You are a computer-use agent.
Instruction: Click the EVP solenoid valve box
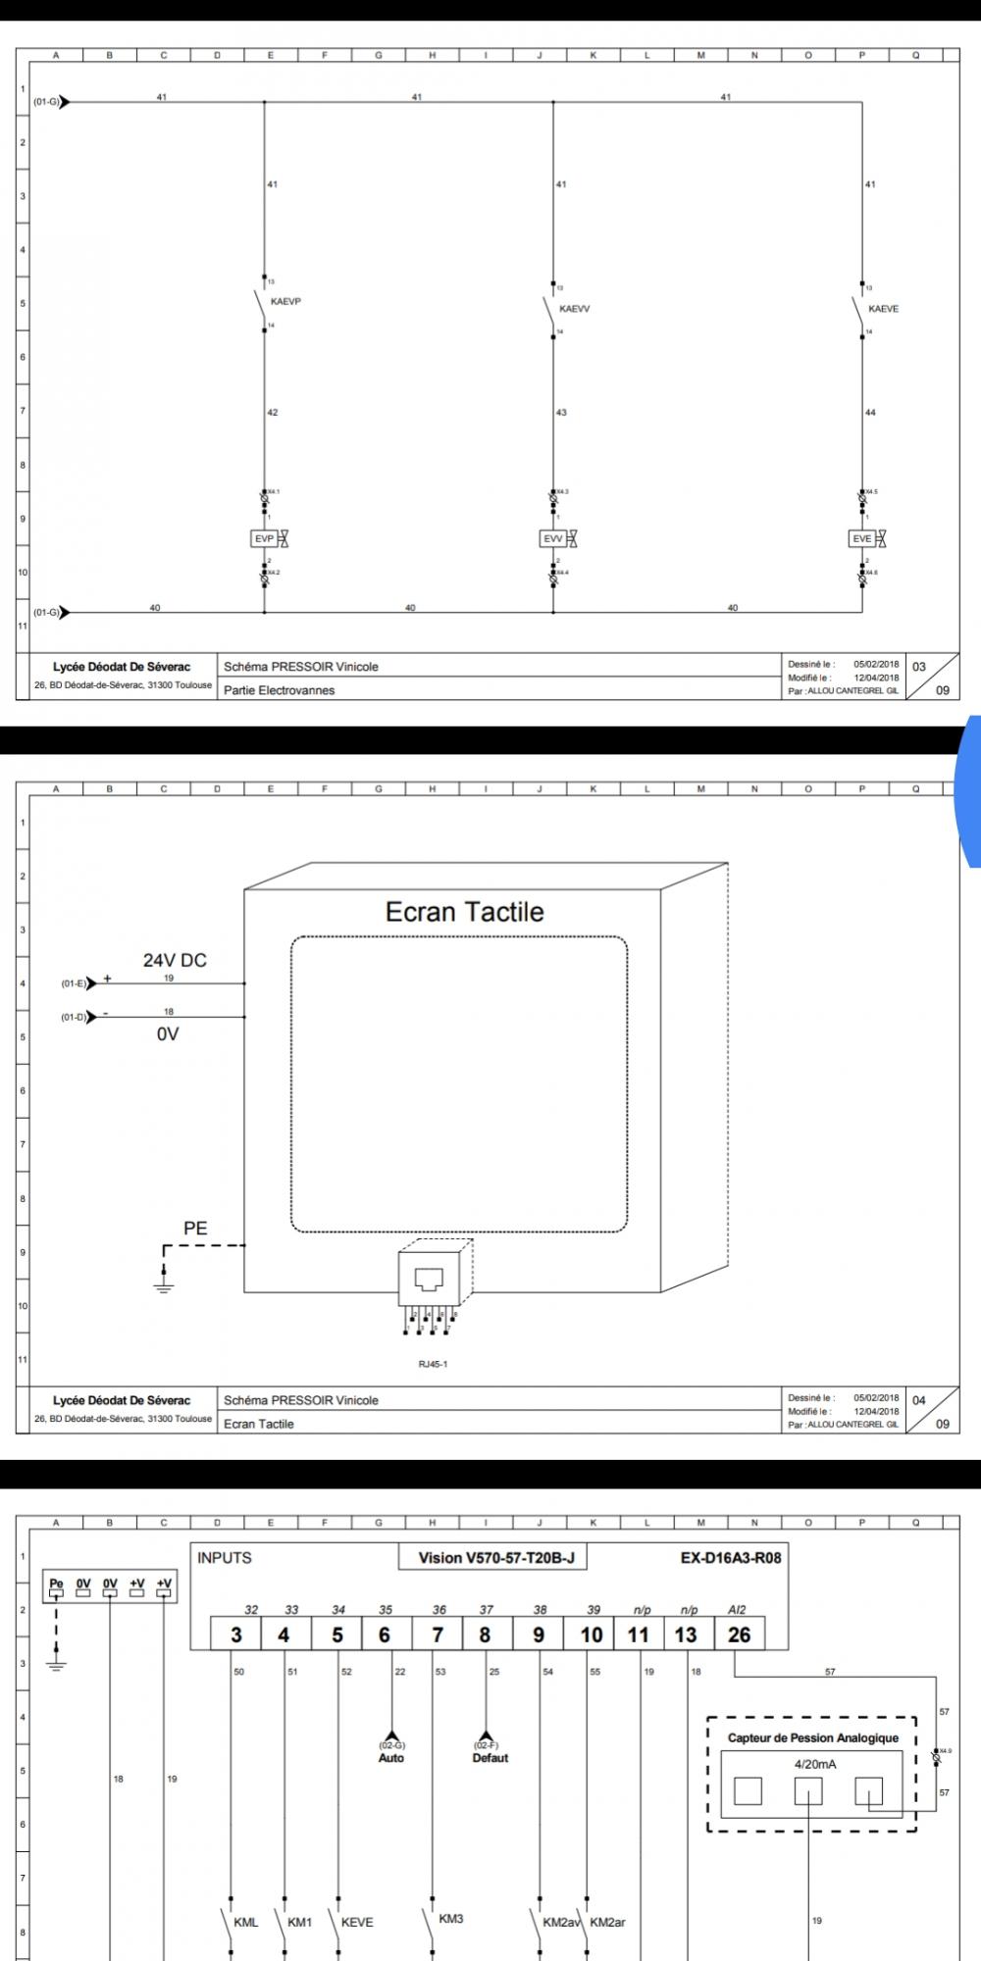coord(264,538)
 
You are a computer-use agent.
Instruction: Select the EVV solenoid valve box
coord(552,538)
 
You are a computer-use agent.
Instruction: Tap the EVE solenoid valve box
coord(861,538)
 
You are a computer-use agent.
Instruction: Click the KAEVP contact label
coord(285,302)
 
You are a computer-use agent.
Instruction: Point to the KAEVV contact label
coord(575,309)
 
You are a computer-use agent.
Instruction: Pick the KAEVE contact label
coord(883,309)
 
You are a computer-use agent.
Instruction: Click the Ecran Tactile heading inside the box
coord(464,912)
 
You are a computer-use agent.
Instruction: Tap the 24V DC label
coord(176,961)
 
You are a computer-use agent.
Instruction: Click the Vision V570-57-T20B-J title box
coord(495,1558)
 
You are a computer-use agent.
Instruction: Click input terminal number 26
coord(739,1634)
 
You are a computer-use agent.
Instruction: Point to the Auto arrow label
coord(390,1758)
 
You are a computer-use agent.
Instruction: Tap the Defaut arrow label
coord(490,1758)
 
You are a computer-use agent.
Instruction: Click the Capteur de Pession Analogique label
coord(812,1738)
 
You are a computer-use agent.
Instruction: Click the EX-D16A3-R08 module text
coord(731,1558)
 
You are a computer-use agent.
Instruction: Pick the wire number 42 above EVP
coord(273,413)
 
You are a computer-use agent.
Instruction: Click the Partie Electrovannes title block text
coord(279,690)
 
